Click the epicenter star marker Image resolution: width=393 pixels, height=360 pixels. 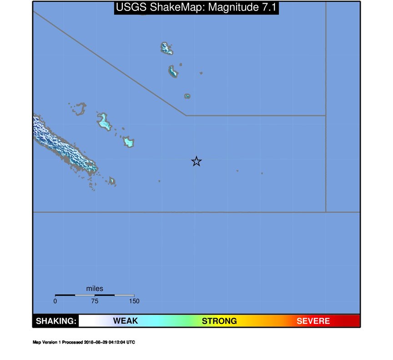(196, 161)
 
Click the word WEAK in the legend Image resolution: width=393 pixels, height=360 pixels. (125, 321)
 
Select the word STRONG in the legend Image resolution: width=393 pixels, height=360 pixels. (219, 321)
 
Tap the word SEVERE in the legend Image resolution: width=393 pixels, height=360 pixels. (313, 321)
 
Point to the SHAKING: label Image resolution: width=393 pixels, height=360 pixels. (56, 321)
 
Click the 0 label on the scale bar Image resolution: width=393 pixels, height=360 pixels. (55, 301)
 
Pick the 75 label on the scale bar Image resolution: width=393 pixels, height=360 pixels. (95, 301)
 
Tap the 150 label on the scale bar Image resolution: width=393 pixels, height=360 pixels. (134, 301)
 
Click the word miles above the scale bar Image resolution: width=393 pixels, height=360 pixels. (95, 289)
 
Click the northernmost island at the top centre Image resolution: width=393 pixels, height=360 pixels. (166, 48)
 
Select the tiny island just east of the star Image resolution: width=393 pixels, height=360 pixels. (237, 171)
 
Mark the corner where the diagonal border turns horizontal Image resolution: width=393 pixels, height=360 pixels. (186, 115)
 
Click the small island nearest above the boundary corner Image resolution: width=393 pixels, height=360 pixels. (187, 96)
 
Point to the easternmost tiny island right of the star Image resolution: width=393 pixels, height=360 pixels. (262, 173)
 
